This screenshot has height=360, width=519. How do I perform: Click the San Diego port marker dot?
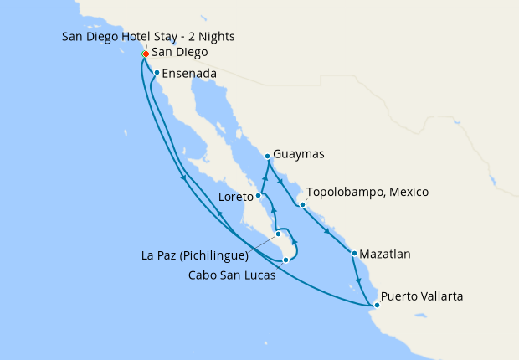coord(145,54)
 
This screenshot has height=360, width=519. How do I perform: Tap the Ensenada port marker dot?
coord(157,73)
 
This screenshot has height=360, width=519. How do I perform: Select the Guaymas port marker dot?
coord(267,156)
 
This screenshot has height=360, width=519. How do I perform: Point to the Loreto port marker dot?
coord(259,197)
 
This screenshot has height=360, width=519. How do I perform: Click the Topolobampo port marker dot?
coord(301,203)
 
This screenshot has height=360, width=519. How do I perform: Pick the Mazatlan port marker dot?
coord(355,254)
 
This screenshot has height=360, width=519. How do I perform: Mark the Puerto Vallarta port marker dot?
coord(377,305)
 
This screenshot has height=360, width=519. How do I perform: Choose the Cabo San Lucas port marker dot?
coord(286,260)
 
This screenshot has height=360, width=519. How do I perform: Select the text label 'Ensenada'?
coord(189,74)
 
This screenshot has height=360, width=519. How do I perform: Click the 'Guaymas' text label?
coord(299,155)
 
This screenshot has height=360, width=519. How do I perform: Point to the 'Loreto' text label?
coord(235,198)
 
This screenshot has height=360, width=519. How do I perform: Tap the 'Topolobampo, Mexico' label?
coord(367,193)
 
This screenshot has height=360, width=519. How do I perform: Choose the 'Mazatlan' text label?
coord(388,254)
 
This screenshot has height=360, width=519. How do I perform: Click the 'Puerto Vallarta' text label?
coord(422,296)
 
